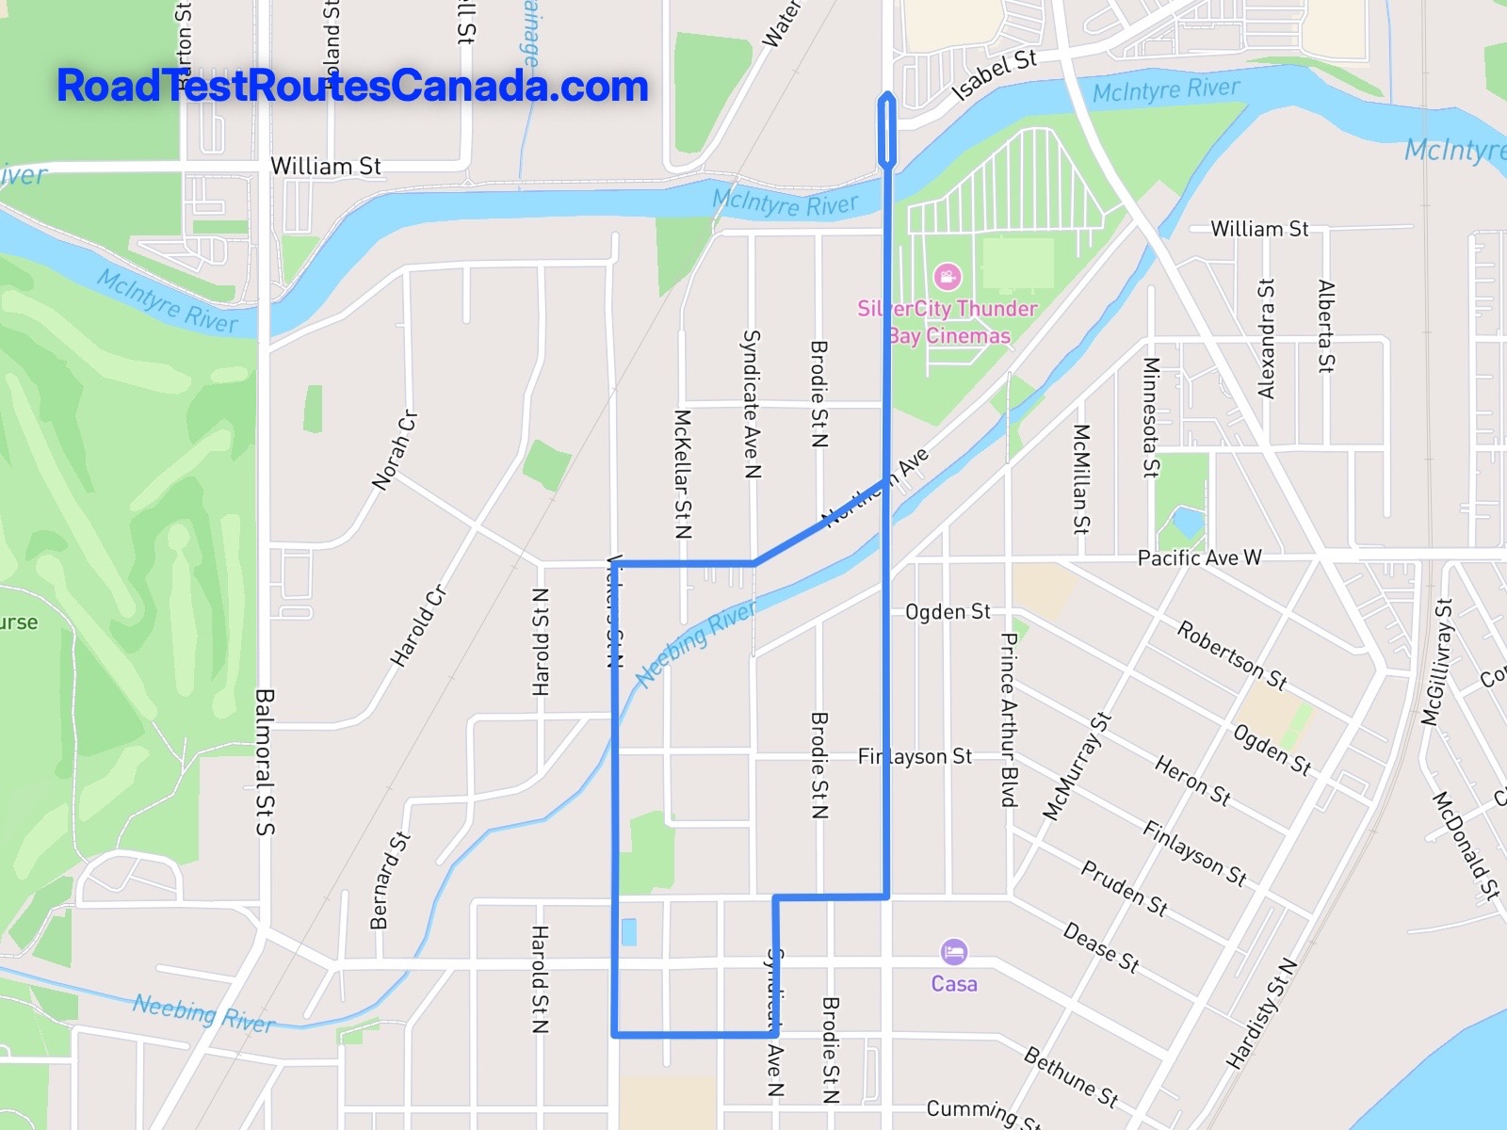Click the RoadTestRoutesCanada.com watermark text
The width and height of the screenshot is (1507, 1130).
coord(352,86)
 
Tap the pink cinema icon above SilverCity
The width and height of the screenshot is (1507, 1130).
coord(947,276)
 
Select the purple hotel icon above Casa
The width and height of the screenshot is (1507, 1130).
coord(953,951)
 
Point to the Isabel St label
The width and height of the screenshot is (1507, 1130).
coord(995,74)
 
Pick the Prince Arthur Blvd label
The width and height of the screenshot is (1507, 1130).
coord(1008,719)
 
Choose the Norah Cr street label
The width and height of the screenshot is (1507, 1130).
coord(395,450)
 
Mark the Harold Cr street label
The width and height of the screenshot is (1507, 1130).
coord(419,626)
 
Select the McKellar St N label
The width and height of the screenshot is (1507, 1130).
coord(683,474)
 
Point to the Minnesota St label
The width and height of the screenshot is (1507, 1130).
coord(1150,417)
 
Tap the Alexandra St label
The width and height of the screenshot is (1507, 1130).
coord(1267,338)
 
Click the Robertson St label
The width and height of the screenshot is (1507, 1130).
coord(1231,654)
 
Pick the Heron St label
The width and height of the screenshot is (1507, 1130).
coord(1192,781)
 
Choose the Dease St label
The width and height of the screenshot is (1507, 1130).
coord(1101,946)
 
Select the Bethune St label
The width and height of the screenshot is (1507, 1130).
coord(1071,1076)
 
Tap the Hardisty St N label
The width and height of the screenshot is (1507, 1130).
coord(1262,1013)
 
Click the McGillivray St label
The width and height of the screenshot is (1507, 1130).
coord(1436,661)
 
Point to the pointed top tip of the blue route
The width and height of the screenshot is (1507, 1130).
coord(886,94)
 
